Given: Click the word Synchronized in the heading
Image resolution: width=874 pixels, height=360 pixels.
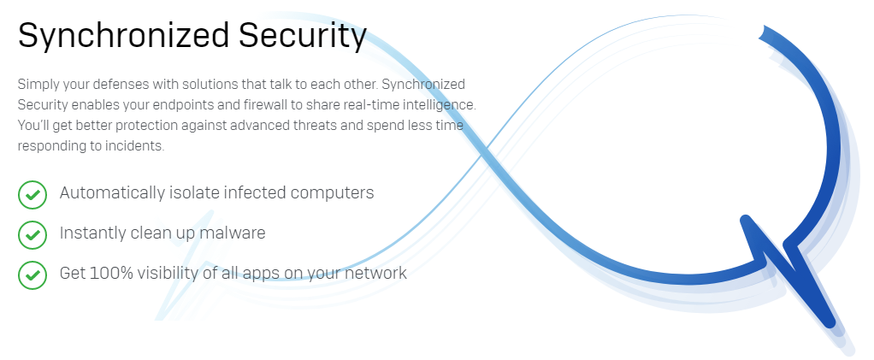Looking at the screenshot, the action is [x=124, y=36].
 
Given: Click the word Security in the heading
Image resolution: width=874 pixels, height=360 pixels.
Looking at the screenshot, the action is [x=303, y=36].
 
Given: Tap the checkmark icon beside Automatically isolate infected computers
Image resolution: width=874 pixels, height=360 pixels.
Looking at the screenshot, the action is [x=32, y=194].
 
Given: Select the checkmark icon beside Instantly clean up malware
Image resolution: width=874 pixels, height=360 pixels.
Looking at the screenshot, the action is [x=32, y=234].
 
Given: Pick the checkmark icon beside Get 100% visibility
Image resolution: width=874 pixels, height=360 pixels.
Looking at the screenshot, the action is [x=32, y=274].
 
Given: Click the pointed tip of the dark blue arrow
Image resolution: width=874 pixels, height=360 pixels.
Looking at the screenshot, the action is [x=830, y=322].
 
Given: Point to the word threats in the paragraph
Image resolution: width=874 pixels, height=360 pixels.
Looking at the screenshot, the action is [x=315, y=126].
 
